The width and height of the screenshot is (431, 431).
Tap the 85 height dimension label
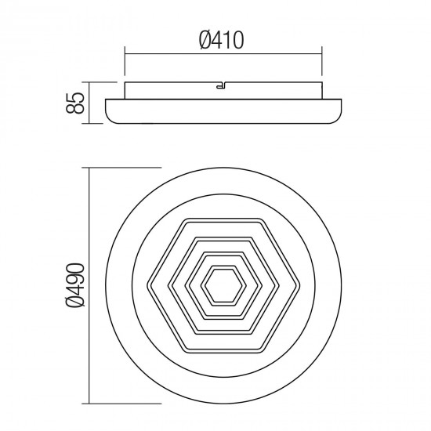tap(77, 103)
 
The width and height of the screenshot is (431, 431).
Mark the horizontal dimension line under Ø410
tap(223, 53)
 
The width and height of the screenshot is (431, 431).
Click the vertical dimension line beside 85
tap(92, 103)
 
